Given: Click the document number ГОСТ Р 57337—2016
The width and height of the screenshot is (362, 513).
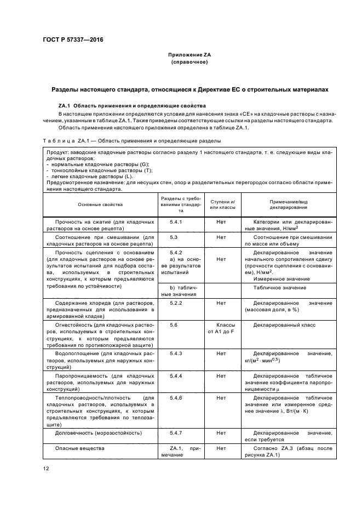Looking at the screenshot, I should click(73, 40).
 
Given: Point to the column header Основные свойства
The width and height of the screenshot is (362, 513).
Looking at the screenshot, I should click(100, 204).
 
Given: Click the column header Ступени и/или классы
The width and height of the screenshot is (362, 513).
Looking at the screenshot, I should click(223, 204).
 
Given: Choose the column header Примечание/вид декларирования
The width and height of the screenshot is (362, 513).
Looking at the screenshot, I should click(288, 204).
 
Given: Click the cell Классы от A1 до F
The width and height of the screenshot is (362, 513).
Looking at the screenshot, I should click(222, 328).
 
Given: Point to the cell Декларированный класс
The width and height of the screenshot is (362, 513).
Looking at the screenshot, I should click(284, 325).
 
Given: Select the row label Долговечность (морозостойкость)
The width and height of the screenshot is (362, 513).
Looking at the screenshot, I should click(94, 432).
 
